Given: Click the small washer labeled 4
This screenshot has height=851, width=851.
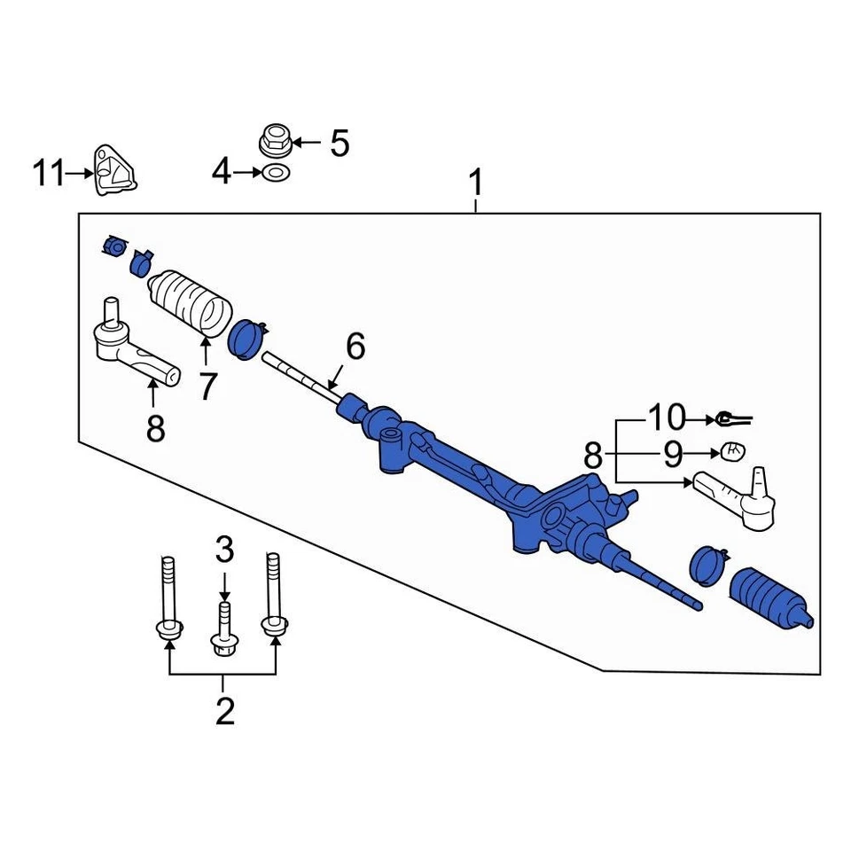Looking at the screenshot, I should click(274, 172).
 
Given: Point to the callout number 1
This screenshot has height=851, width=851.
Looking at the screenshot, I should click(476, 183).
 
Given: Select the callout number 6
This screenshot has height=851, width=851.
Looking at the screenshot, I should click(355, 347).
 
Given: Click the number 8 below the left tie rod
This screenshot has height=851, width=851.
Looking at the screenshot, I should click(155, 430).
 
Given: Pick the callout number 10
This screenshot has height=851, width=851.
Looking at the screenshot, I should click(668, 416).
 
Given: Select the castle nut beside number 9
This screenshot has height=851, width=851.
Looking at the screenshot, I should click(732, 450).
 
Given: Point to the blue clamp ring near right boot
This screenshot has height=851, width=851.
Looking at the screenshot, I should click(707, 566).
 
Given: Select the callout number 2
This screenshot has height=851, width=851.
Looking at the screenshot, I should click(224, 711).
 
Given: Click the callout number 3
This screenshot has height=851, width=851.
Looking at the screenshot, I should click(224, 550).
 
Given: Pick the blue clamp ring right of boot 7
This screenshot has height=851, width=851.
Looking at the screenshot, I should click(246, 340).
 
